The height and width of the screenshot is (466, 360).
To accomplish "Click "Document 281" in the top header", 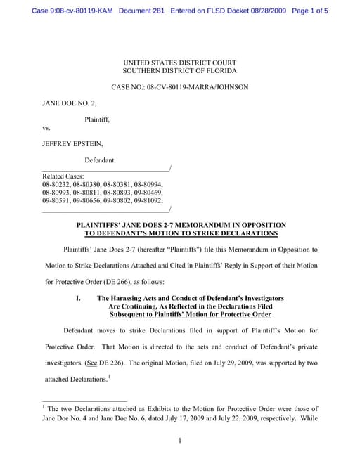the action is (143, 11).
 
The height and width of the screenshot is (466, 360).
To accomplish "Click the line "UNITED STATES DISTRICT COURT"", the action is (179, 63).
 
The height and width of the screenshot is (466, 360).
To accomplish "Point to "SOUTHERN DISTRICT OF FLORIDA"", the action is (179, 72).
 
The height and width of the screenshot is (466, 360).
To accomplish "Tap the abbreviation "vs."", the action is (46, 129).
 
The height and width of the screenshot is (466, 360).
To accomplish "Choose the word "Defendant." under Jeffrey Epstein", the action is (101, 161).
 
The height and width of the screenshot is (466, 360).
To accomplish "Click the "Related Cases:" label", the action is (63, 176).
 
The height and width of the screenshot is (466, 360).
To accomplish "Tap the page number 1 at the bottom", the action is (180, 441).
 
